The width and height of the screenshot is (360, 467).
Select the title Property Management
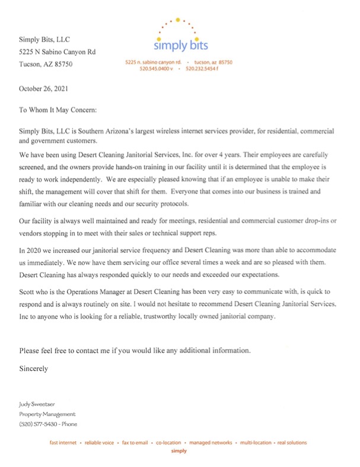pos(47,414)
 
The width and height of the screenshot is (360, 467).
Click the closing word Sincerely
pos(34,368)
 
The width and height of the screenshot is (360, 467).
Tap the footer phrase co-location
pos(169,443)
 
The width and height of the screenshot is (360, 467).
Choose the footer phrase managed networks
pos(213,443)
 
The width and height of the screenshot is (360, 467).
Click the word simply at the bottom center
pos(179,451)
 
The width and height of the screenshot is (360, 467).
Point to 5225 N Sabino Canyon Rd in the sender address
pos(57,52)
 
